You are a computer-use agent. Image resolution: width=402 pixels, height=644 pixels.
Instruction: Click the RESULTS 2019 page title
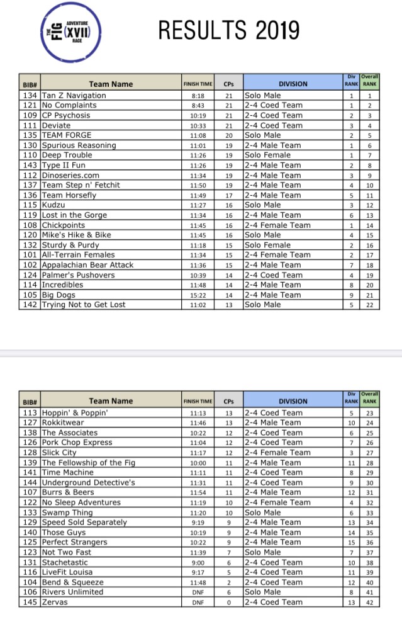pyautogui.click(x=228, y=30)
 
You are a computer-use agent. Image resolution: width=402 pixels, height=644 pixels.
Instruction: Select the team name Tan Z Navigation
pyautogui.click(x=74, y=96)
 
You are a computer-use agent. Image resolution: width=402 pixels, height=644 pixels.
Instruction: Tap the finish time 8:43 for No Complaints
pyautogui.click(x=198, y=106)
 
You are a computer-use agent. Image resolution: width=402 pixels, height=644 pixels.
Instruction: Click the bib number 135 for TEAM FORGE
pyautogui.click(x=30, y=135)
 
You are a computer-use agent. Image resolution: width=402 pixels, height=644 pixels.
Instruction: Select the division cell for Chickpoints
pyautogui.click(x=277, y=225)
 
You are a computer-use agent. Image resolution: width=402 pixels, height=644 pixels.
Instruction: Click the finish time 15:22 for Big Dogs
pyautogui.click(x=198, y=295)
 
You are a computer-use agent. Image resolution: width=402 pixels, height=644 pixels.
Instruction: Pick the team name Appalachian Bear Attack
pyautogui.click(x=87, y=265)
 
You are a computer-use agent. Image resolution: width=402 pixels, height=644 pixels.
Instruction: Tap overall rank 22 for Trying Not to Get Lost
pyautogui.click(x=370, y=305)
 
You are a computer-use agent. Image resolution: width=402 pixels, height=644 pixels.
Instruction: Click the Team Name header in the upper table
pyautogui.click(x=111, y=84)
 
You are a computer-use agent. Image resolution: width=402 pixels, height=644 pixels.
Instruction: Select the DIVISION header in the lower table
pyautogui.click(x=293, y=401)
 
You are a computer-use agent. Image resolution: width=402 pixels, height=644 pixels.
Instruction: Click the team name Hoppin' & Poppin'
pyautogui.click(x=75, y=413)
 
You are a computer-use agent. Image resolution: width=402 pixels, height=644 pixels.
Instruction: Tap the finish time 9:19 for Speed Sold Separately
pyautogui.click(x=198, y=523)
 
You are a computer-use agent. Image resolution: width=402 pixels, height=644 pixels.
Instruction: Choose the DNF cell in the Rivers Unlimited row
pyautogui.click(x=198, y=592)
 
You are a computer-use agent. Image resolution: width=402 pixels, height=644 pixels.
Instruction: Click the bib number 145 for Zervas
pyautogui.click(x=30, y=602)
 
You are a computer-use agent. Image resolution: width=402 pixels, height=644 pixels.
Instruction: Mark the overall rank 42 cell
pyautogui.click(x=370, y=602)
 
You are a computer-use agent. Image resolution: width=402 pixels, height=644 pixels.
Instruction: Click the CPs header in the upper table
pyautogui.click(x=229, y=84)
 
